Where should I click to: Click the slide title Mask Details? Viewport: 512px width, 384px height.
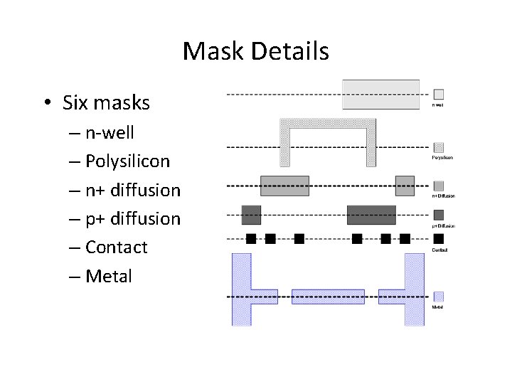pyautogui.click(x=256, y=51)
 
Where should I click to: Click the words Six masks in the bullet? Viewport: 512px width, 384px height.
pyautogui.click(x=106, y=103)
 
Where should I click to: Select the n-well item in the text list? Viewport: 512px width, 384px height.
pyautogui.click(x=110, y=133)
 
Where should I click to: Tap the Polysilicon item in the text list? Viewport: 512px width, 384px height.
pyautogui.click(x=127, y=161)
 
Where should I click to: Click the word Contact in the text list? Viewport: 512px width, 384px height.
pyautogui.click(x=116, y=247)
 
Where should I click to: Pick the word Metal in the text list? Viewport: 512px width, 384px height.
pyautogui.click(x=109, y=275)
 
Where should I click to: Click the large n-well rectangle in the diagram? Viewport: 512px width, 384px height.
pyautogui.click(x=380, y=94)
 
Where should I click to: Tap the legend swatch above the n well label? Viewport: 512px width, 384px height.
pyautogui.click(x=439, y=94)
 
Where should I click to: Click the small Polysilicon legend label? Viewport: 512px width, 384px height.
pyautogui.click(x=442, y=158)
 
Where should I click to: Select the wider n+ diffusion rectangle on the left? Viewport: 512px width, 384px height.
pyautogui.click(x=284, y=186)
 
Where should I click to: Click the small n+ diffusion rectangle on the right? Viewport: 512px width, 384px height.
pyautogui.click(x=405, y=186)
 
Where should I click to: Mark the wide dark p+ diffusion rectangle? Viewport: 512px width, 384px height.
pyautogui.click(x=371, y=214)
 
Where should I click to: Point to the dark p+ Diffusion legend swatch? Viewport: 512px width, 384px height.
pyautogui.click(x=439, y=215)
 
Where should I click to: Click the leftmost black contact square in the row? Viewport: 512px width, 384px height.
pyautogui.click(x=251, y=238)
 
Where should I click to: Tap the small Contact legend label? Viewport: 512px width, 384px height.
pyautogui.click(x=439, y=250)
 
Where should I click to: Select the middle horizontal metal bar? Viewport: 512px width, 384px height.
pyautogui.click(x=328, y=297)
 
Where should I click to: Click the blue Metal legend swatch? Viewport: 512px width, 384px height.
pyautogui.click(x=439, y=297)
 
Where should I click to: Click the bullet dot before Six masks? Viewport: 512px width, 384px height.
pyautogui.click(x=45, y=104)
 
